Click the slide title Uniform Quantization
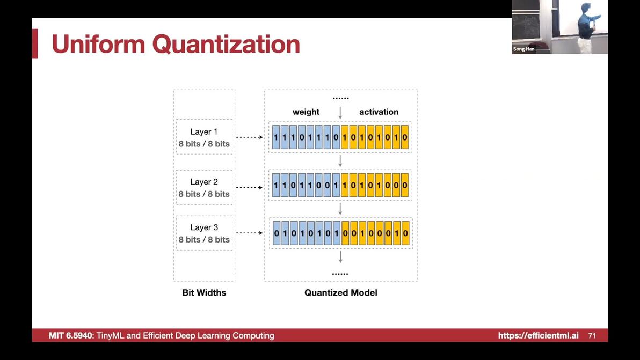(176, 44)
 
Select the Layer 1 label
(203, 131)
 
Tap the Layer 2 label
(203, 182)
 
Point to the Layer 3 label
(203, 227)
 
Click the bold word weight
(306, 112)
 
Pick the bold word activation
(379, 112)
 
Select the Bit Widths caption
(204, 293)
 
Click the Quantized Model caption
(341, 293)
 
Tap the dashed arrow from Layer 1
(249, 137)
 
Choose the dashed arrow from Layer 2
(249, 188)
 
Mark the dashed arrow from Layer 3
(249, 233)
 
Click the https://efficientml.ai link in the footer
(538, 335)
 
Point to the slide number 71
(592, 335)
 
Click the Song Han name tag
(523, 49)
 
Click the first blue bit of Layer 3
(277, 233)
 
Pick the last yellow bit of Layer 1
(404, 137)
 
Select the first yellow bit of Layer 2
(345, 185)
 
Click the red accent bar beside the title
(35, 43)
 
